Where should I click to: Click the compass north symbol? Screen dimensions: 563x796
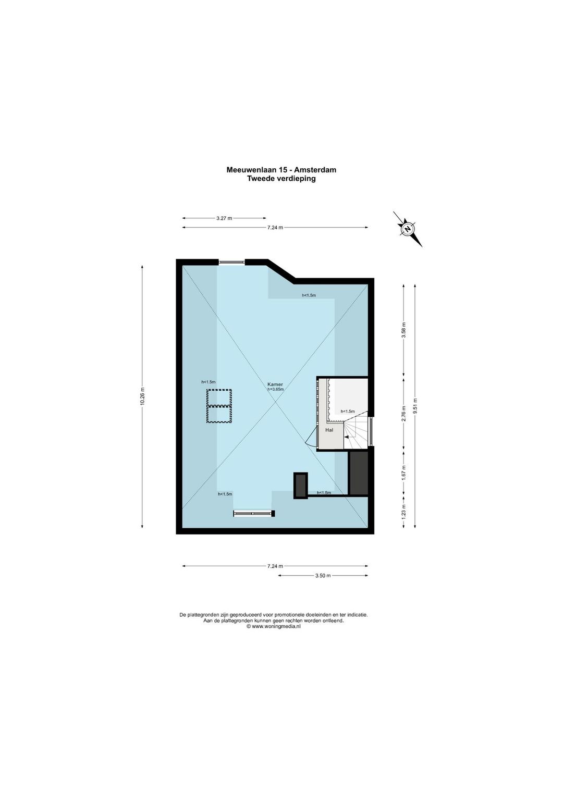[408, 229]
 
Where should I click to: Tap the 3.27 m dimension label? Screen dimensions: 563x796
[224, 218]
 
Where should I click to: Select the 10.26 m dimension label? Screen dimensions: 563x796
[142, 396]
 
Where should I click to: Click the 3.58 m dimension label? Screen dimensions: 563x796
[403, 330]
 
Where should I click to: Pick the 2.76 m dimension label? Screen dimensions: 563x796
[403, 414]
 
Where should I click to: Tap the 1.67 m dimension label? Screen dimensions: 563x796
[403, 473]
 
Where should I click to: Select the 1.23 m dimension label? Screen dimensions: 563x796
[403, 512]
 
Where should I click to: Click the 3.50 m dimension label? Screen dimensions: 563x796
[323, 576]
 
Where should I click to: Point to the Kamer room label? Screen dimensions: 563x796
[275, 384]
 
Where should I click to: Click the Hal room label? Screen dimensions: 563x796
[329, 430]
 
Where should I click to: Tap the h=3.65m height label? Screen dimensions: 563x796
[276, 389]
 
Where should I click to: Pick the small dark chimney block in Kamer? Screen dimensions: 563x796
[301, 486]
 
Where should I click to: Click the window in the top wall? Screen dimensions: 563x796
[231, 262]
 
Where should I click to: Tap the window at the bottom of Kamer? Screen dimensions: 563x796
[254, 514]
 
